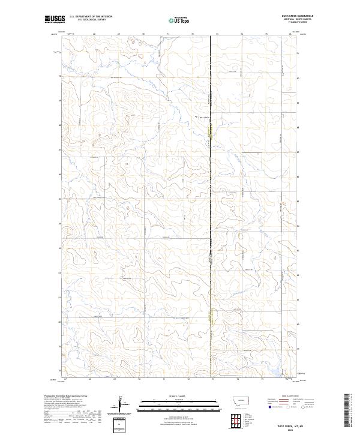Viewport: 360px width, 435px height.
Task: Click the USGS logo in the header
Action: pos(55,20)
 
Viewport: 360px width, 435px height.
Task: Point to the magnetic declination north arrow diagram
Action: pos(118,405)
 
